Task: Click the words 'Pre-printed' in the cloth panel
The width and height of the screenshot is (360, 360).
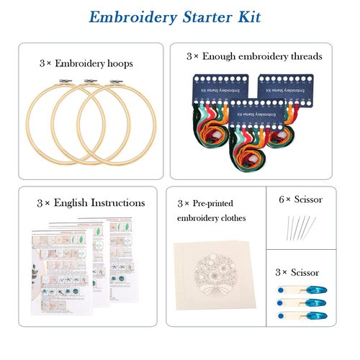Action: (x=215, y=204)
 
